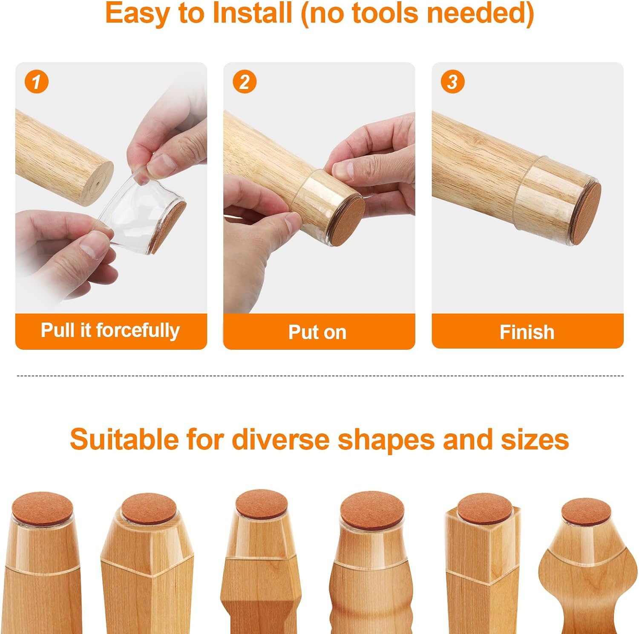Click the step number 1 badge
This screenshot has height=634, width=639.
tap(37, 82)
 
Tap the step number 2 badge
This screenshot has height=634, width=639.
tap(245, 82)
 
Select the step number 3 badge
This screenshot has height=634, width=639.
tap(452, 82)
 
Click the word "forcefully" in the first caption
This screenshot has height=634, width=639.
tap(138, 331)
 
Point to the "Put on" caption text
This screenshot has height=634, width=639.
tap(317, 332)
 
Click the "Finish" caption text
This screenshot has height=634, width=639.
tap(527, 332)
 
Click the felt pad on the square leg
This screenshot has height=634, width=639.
tap(484, 509)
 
